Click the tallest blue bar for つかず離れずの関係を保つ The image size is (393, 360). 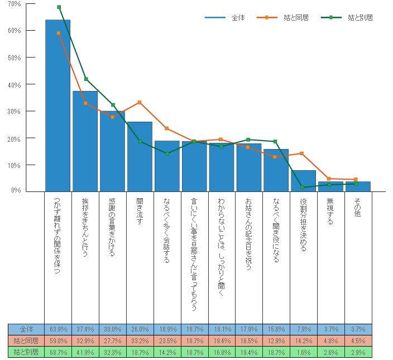[57, 106]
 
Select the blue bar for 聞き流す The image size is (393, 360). [140, 156]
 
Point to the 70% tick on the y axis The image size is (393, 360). [15, 4]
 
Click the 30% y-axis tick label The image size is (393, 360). [15, 112]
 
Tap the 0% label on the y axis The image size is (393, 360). [17, 191]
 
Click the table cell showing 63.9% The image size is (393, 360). [58, 329]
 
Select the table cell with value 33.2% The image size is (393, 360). [140, 340]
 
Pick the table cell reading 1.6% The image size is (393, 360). [303, 352]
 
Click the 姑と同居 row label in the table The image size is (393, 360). [26, 340]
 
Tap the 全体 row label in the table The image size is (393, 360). [26, 329]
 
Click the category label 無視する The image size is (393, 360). [330, 212]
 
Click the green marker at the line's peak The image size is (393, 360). [59, 7]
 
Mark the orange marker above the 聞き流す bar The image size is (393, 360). [140, 102]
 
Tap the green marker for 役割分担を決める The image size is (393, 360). [303, 187]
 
